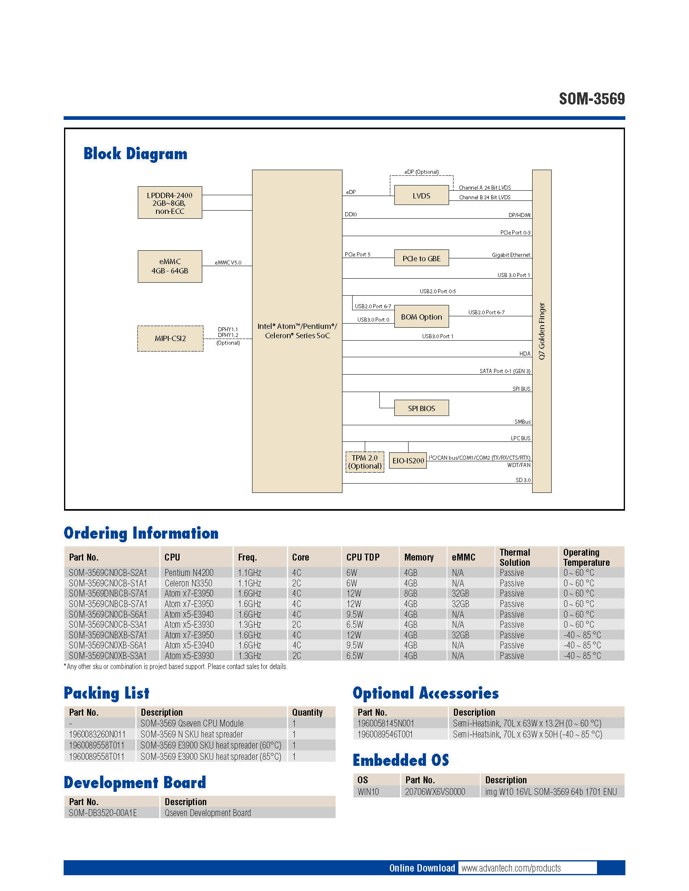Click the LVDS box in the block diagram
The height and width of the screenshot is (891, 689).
coord(421,196)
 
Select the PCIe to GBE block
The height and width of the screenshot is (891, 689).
coord(421,258)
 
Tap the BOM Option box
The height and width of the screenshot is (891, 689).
coord(421,317)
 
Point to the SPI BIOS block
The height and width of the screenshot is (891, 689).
coord(421,408)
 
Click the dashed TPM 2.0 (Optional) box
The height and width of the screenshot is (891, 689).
coord(364,462)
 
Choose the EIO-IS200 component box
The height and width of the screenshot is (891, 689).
coord(408,460)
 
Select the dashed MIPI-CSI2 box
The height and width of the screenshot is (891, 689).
coord(170,338)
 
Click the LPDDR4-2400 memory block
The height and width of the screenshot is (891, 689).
coord(170,203)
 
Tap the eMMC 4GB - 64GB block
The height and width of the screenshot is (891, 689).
coord(170,266)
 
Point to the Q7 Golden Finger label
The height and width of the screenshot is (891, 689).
coord(541,331)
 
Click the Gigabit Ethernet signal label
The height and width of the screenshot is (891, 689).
coord(511,255)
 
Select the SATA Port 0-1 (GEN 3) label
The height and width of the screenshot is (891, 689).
coord(505,371)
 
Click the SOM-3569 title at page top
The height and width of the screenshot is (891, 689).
coord(591,99)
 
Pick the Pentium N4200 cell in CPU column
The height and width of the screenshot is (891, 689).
coord(189,572)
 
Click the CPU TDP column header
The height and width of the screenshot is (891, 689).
coord(363,557)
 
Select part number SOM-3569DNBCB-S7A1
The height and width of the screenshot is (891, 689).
coord(108,593)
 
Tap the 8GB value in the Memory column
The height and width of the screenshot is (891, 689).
coord(411,593)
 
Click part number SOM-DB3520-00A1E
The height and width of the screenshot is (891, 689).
coord(103,813)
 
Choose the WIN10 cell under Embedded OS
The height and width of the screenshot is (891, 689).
coord(368,791)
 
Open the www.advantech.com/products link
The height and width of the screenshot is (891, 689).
coord(511,868)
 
